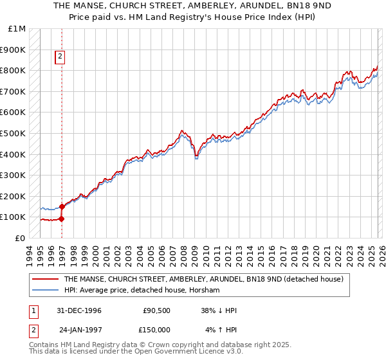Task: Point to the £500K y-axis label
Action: tap(14, 134)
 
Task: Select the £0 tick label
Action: tap(21, 238)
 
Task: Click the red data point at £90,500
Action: tap(62, 219)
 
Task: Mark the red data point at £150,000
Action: tap(62, 206)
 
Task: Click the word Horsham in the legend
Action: tap(205, 291)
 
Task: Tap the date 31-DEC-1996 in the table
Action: tap(80, 310)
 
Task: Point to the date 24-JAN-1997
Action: tap(80, 330)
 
